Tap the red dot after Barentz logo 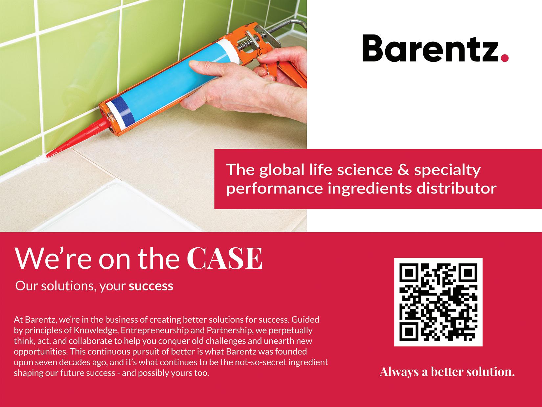click(505, 58)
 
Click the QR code click(438, 302)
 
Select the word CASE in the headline click(227, 259)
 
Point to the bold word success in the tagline click(151, 286)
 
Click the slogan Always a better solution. click(447, 372)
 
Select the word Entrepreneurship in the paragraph click(138, 330)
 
